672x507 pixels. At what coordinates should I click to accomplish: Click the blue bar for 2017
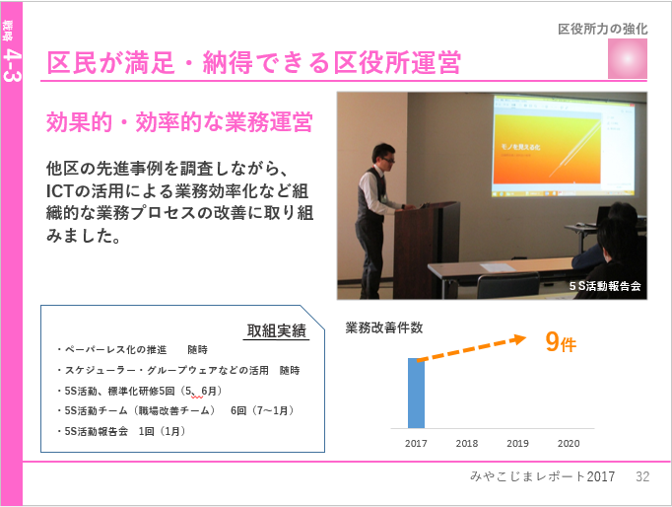click(x=416, y=393)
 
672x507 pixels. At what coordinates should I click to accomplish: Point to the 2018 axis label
click(x=467, y=444)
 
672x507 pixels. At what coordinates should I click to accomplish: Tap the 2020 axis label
click(x=569, y=444)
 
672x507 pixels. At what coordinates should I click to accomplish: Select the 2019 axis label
click(x=517, y=444)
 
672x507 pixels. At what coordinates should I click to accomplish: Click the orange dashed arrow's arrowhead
click(x=520, y=339)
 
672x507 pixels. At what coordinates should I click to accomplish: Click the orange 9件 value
click(x=561, y=342)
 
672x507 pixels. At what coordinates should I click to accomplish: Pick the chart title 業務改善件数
click(x=384, y=327)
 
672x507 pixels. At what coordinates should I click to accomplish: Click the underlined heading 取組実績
click(x=277, y=330)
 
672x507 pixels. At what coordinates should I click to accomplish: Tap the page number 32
click(x=642, y=476)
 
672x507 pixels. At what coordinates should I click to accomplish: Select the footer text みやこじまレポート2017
click(x=542, y=476)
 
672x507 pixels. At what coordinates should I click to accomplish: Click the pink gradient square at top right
click(x=628, y=59)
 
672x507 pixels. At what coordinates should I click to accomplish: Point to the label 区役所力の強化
click(x=603, y=29)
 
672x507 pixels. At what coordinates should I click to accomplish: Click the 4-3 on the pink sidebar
click(x=12, y=65)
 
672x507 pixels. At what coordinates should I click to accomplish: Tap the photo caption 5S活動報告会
click(x=605, y=286)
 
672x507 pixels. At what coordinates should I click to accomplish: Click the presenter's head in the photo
click(x=383, y=155)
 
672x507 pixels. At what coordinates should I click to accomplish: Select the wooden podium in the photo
click(x=426, y=250)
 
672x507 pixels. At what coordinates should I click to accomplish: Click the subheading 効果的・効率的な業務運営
click(x=179, y=122)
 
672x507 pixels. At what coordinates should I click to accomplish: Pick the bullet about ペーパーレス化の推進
click(x=132, y=350)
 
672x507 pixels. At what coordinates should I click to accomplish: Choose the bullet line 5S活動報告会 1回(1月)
click(x=122, y=431)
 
